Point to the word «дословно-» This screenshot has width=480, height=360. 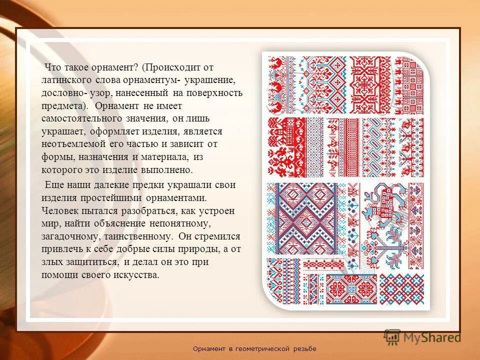pyautogui.click(x=62, y=93)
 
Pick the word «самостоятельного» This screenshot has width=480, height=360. pyautogui.click(x=82, y=119)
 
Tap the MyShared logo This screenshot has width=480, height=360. pyautogui.click(x=422, y=336)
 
